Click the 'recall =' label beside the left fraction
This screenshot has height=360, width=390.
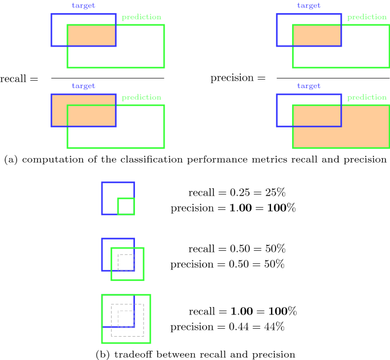[19, 78]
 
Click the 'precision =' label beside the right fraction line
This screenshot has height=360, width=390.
[238, 77]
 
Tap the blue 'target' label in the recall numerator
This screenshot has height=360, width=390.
[83, 5]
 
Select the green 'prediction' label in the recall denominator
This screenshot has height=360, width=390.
[141, 97]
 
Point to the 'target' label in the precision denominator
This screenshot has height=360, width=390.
[309, 86]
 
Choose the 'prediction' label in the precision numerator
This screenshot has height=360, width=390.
[367, 17]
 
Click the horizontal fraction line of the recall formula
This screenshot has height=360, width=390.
[108, 78]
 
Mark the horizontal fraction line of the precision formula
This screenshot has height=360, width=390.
[332, 78]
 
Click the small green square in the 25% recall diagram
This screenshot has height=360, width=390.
[126, 206]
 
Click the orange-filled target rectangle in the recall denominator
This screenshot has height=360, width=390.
[83, 110]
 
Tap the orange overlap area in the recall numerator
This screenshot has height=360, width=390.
[92, 36]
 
